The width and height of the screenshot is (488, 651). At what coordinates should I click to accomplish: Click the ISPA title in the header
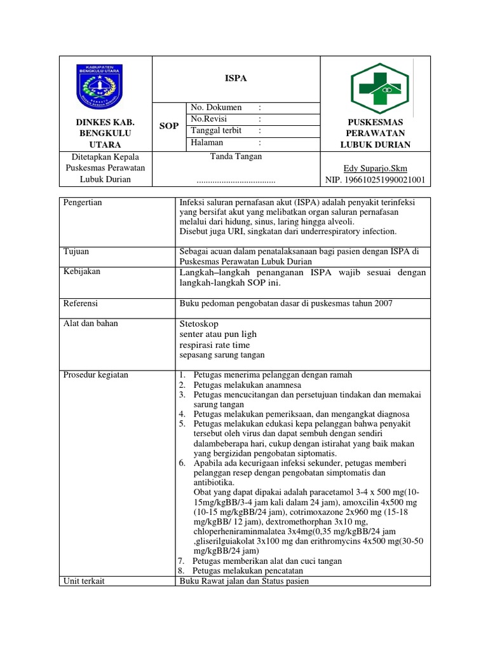click(x=236, y=79)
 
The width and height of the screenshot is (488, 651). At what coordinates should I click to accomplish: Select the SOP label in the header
click(x=168, y=126)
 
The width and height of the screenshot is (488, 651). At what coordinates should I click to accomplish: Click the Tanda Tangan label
click(x=236, y=156)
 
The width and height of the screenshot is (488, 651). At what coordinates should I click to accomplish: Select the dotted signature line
click(x=236, y=181)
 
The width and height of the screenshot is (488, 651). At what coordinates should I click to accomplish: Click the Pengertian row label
click(x=83, y=203)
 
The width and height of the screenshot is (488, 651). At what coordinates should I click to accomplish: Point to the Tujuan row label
click(x=77, y=252)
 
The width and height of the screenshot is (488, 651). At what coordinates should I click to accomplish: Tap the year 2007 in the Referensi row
click(x=383, y=304)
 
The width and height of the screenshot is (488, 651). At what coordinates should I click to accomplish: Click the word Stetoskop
click(x=200, y=324)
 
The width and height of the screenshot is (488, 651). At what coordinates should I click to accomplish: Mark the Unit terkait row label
click(x=84, y=581)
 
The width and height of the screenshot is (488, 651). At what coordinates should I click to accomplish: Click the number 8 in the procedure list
click(x=181, y=571)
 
